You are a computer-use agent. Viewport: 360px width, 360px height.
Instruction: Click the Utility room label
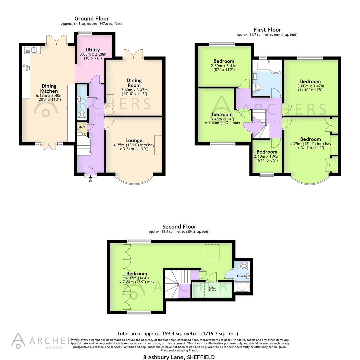93,50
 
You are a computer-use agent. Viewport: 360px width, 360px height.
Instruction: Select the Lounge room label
134,140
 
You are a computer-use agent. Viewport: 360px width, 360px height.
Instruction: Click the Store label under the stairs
82,127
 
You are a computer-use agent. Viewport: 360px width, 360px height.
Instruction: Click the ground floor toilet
82,115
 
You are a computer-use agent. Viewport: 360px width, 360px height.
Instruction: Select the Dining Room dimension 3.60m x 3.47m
134,90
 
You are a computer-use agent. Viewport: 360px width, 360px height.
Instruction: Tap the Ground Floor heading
91,19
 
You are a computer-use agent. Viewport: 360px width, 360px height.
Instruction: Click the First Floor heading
267,30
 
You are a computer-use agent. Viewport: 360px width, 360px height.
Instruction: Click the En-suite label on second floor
242,276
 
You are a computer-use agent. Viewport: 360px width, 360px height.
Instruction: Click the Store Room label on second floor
212,288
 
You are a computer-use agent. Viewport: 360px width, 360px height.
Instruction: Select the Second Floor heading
179,227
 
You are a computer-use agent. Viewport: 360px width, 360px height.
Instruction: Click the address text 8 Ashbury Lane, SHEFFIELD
179,357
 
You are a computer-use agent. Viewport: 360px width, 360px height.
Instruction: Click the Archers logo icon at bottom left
19,340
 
